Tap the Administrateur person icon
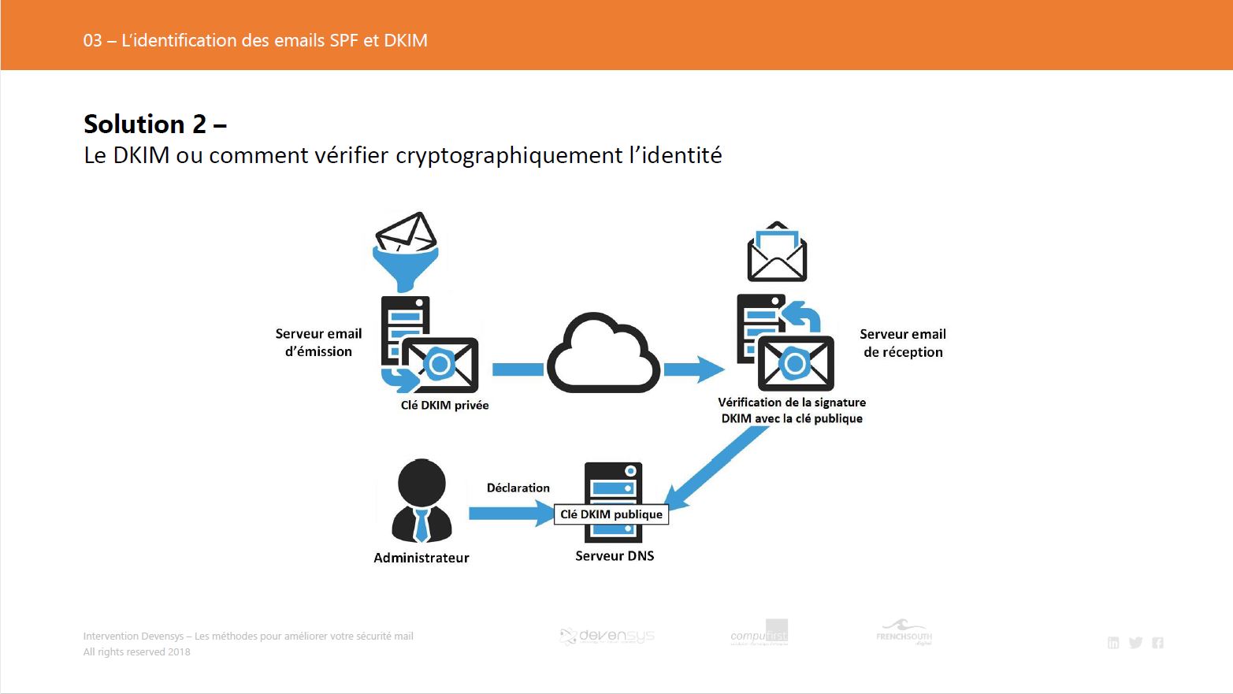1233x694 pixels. [x=422, y=502]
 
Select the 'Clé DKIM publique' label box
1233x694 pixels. [x=611, y=514]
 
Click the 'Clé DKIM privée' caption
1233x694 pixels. [x=444, y=406]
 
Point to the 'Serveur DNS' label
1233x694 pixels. [x=615, y=556]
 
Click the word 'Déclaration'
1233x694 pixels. [x=518, y=488]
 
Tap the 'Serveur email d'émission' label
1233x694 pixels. [x=318, y=343]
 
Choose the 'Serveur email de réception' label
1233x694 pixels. [x=903, y=343]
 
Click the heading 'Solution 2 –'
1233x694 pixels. [x=155, y=124]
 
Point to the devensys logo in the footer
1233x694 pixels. [x=607, y=636]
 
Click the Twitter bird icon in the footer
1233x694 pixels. [x=1135, y=643]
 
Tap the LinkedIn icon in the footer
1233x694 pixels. [x=1113, y=643]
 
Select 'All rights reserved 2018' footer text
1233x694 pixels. [x=137, y=652]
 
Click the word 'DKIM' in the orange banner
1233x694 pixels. [x=406, y=40]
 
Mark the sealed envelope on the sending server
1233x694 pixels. [x=440, y=365]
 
